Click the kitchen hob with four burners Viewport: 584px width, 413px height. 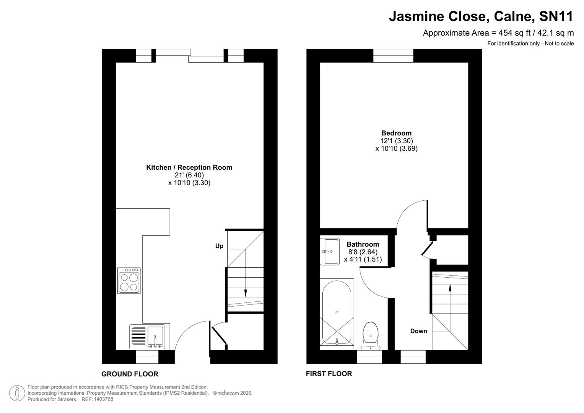pyautogui.click(x=129, y=280)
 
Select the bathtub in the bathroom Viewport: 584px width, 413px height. pyautogui.click(x=337, y=312)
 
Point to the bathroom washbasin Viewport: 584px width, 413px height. pyautogui.click(x=330, y=251)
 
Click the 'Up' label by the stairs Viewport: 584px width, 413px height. pyautogui.click(x=219, y=246)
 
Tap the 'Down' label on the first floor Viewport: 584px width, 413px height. pyautogui.click(x=418, y=331)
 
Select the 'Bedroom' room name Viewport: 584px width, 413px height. pyautogui.click(x=396, y=133)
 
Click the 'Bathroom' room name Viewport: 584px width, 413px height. pyautogui.click(x=363, y=244)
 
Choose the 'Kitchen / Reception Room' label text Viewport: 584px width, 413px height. pyautogui.click(x=189, y=167)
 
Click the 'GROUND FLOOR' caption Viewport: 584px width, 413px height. pyautogui.click(x=130, y=374)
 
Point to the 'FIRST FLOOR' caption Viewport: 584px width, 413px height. pyautogui.click(x=329, y=374)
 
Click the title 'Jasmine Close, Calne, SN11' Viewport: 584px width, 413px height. pyautogui.click(x=481, y=16)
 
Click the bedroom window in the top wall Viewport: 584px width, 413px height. pyautogui.click(x=393, y=56)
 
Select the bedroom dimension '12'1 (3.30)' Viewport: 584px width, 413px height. pyautogui.click(x=396, y=141)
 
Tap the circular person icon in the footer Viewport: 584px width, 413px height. pyautogui.click(x=17, y=393)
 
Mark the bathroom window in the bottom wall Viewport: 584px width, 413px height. pyautogui.click(x=369, y=357)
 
